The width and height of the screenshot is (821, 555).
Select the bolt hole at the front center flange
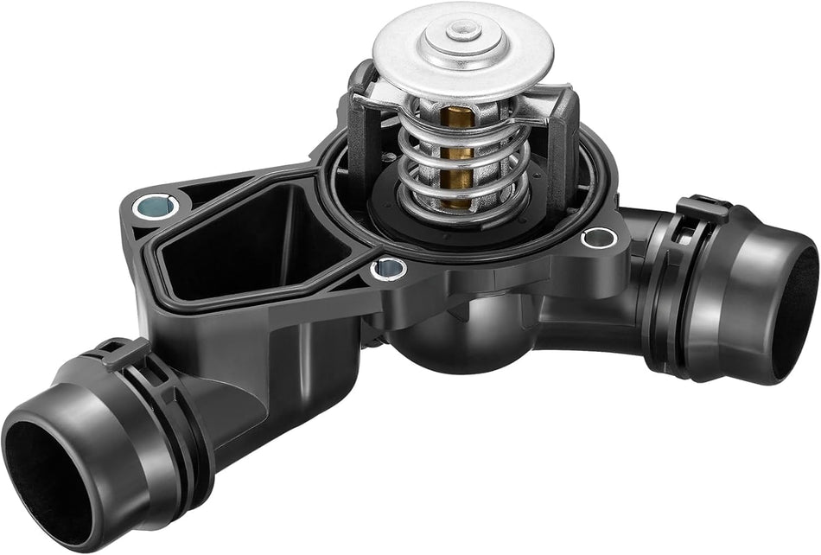click(388, 269)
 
